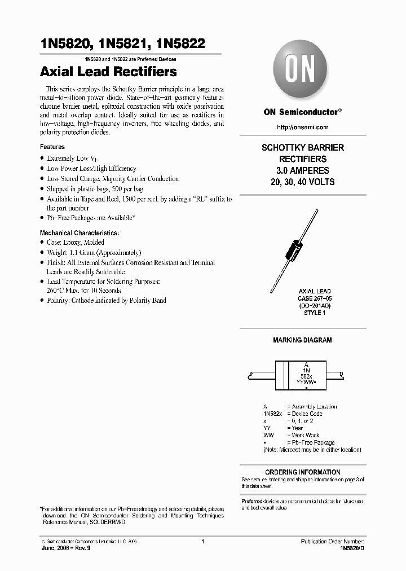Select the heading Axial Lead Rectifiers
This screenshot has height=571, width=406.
coord(108,72)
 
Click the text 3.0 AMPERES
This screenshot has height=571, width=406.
coord(302,170)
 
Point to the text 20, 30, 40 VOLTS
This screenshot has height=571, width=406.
coord(302,182)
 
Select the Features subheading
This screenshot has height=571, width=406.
coord(52,147)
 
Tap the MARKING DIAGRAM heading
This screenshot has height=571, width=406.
coord(302,340)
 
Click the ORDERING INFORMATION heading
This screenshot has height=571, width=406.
coord(302,472)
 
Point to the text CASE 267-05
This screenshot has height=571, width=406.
coord(302,298)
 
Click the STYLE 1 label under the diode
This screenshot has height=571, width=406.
coord(302,313)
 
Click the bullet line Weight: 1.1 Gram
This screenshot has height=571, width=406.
coord(94,252)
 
